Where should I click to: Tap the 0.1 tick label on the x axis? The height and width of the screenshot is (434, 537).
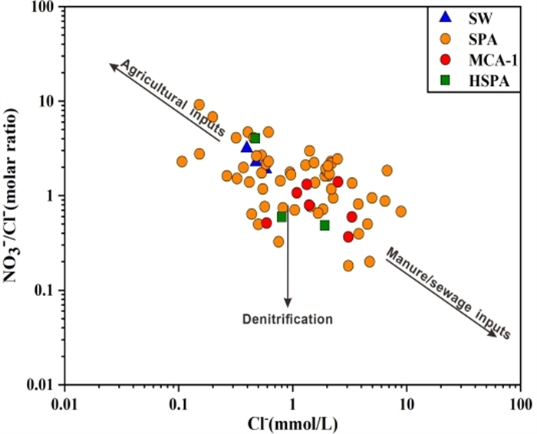(179, 402)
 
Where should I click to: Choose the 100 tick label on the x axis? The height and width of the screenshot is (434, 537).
(520, 402)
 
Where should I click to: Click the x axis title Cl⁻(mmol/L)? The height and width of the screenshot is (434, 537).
(292, 422)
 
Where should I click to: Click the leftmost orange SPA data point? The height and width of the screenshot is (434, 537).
(182, 162)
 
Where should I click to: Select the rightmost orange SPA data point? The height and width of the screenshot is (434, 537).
(400, 211)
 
